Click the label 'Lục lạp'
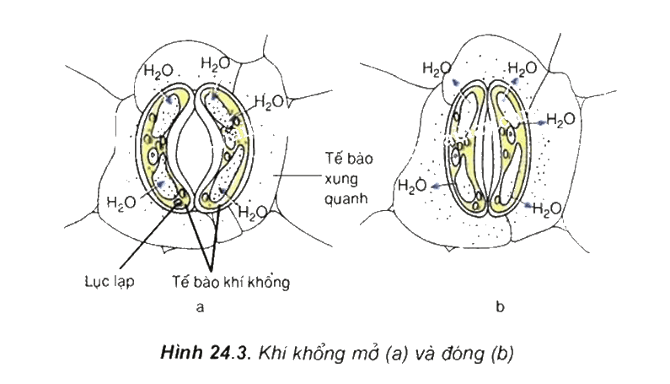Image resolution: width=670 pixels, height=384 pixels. tap(110, 281)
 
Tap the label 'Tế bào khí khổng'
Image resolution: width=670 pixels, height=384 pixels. tap(231, 281)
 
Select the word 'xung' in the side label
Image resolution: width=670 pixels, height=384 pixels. tap(341, 179)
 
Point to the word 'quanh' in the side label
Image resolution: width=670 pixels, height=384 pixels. tap(346, 198)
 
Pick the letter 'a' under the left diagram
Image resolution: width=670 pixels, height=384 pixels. tap(200, 307)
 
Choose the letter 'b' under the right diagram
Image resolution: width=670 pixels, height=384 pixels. tap(500, 306)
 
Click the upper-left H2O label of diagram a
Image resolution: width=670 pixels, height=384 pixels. tap(158, 71)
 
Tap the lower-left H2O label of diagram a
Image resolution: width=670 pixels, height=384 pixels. tap(121, 202)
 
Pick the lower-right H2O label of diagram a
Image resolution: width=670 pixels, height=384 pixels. tap(253, 212)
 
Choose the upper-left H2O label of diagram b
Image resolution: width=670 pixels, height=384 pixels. tap(437, 68)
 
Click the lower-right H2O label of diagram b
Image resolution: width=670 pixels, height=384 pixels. tap(547, 209)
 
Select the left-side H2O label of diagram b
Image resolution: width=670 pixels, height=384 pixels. tap(412, 187)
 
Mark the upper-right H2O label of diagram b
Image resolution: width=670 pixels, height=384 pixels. tap(523, 68)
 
